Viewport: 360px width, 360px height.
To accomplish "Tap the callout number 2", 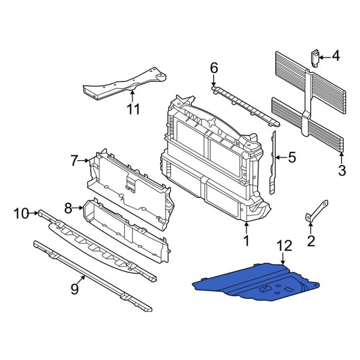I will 310,241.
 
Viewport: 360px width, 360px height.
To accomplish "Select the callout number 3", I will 342,171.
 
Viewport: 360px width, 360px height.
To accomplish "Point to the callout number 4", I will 335,57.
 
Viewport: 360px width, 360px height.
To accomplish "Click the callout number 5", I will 292,158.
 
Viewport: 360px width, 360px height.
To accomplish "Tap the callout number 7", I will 74,160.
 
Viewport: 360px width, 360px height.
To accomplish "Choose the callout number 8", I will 68,208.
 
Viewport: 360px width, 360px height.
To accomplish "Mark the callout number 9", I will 74,289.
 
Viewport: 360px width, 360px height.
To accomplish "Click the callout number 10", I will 22,212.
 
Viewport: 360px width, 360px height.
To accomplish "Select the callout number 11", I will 133,109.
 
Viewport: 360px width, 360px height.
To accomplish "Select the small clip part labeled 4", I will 313,58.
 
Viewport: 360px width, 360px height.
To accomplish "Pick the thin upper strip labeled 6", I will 240,103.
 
